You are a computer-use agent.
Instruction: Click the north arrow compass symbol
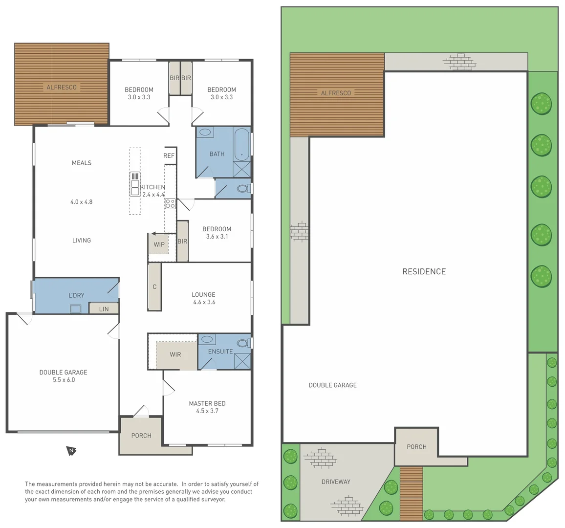click(x=71, y=451)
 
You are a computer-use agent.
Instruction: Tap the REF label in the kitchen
click(x=169, y=155)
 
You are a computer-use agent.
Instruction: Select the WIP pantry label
click(x=159, y=244)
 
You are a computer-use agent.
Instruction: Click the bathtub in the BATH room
click(x=241, y=144)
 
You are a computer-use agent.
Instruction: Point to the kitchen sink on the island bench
click(x=135, y=183)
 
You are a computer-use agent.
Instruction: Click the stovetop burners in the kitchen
click(x=170, y=203)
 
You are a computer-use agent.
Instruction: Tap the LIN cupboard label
click(x=104, y=309)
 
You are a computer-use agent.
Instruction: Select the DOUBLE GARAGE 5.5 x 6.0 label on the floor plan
click(x=63, y=376)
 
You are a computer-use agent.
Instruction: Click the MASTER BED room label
click(x=207, y=407)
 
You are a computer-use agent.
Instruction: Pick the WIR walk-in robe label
click(x=175, y=354)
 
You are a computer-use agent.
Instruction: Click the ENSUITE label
click(x=220, y=352)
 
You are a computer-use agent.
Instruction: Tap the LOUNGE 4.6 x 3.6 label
click(x=203, y=298)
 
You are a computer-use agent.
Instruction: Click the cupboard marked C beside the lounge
click(x=154, y=287)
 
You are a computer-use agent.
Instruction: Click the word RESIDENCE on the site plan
click(x=424, y=271)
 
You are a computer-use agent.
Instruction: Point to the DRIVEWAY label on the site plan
click(x=336, y=482)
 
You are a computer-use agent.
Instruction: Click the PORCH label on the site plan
click(x=416, y=446)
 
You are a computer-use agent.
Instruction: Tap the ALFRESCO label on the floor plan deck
click(x=62, y=88)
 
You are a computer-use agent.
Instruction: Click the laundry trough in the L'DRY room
click(x=76, y=308)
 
